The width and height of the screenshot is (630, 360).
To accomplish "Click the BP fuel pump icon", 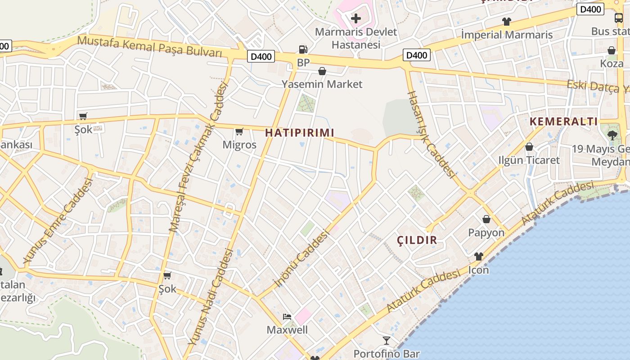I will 303,49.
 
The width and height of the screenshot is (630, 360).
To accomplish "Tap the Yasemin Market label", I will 322,84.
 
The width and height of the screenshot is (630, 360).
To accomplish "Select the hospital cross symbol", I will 356,18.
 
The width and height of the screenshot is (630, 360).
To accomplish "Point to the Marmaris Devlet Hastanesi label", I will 356,38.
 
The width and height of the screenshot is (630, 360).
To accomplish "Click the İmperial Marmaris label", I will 507,35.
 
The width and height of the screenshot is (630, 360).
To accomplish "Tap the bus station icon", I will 619,18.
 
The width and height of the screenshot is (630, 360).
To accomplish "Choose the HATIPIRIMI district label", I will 300,133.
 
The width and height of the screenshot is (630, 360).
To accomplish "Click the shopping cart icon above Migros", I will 239,132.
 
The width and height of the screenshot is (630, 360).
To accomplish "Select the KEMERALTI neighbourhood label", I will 563,121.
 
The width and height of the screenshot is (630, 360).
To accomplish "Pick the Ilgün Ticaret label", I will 529,160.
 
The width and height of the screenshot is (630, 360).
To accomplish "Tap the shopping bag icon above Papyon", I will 486,219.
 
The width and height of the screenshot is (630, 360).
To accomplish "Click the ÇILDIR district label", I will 417,240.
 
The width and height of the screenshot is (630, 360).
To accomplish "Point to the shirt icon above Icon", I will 478,256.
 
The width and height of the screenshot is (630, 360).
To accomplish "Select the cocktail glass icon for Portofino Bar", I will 387,340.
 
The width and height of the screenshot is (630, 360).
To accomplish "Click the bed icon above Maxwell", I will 287,317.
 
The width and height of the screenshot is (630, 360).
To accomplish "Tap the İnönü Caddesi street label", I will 302,259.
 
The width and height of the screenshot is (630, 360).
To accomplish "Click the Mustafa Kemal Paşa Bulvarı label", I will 150,46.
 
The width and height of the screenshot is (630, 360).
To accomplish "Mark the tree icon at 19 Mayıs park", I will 612,135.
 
